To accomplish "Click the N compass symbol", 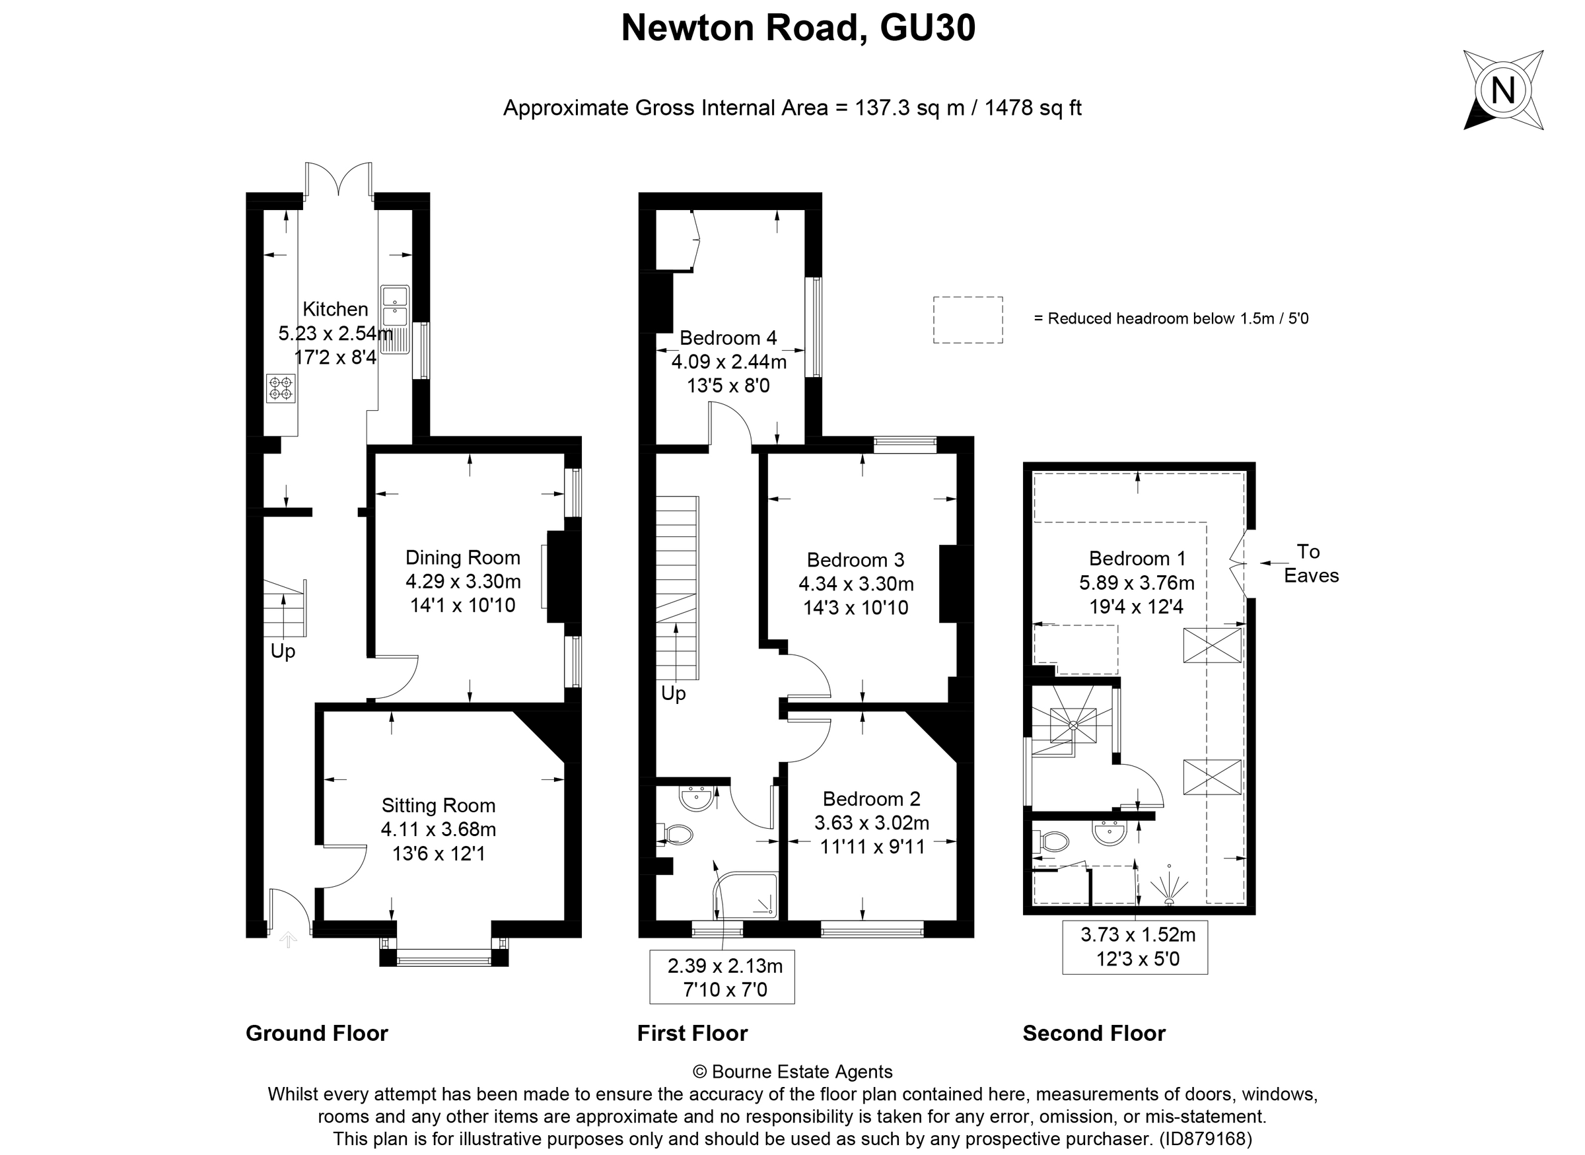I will [1502, 90].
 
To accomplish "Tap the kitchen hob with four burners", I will [281, 388].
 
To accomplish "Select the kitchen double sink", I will [395, 306].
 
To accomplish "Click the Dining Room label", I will [463, 557].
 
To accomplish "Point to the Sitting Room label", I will [439, 806].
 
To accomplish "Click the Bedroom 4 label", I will [728, 337].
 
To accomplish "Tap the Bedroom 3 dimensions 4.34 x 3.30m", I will [856, 583].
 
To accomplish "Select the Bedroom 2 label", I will [871, 798].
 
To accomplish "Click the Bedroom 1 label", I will [1137, 558].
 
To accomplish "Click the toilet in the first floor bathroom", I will [676, 834].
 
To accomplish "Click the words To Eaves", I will [1310, 563].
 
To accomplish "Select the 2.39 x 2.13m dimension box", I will [722, 977].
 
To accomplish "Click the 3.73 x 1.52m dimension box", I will [1135, 947].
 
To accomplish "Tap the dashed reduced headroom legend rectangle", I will [968, 320].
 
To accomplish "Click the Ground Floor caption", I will [317, 1033].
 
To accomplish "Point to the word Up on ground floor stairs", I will [283, 651].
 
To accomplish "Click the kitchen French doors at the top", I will [338, 178].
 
